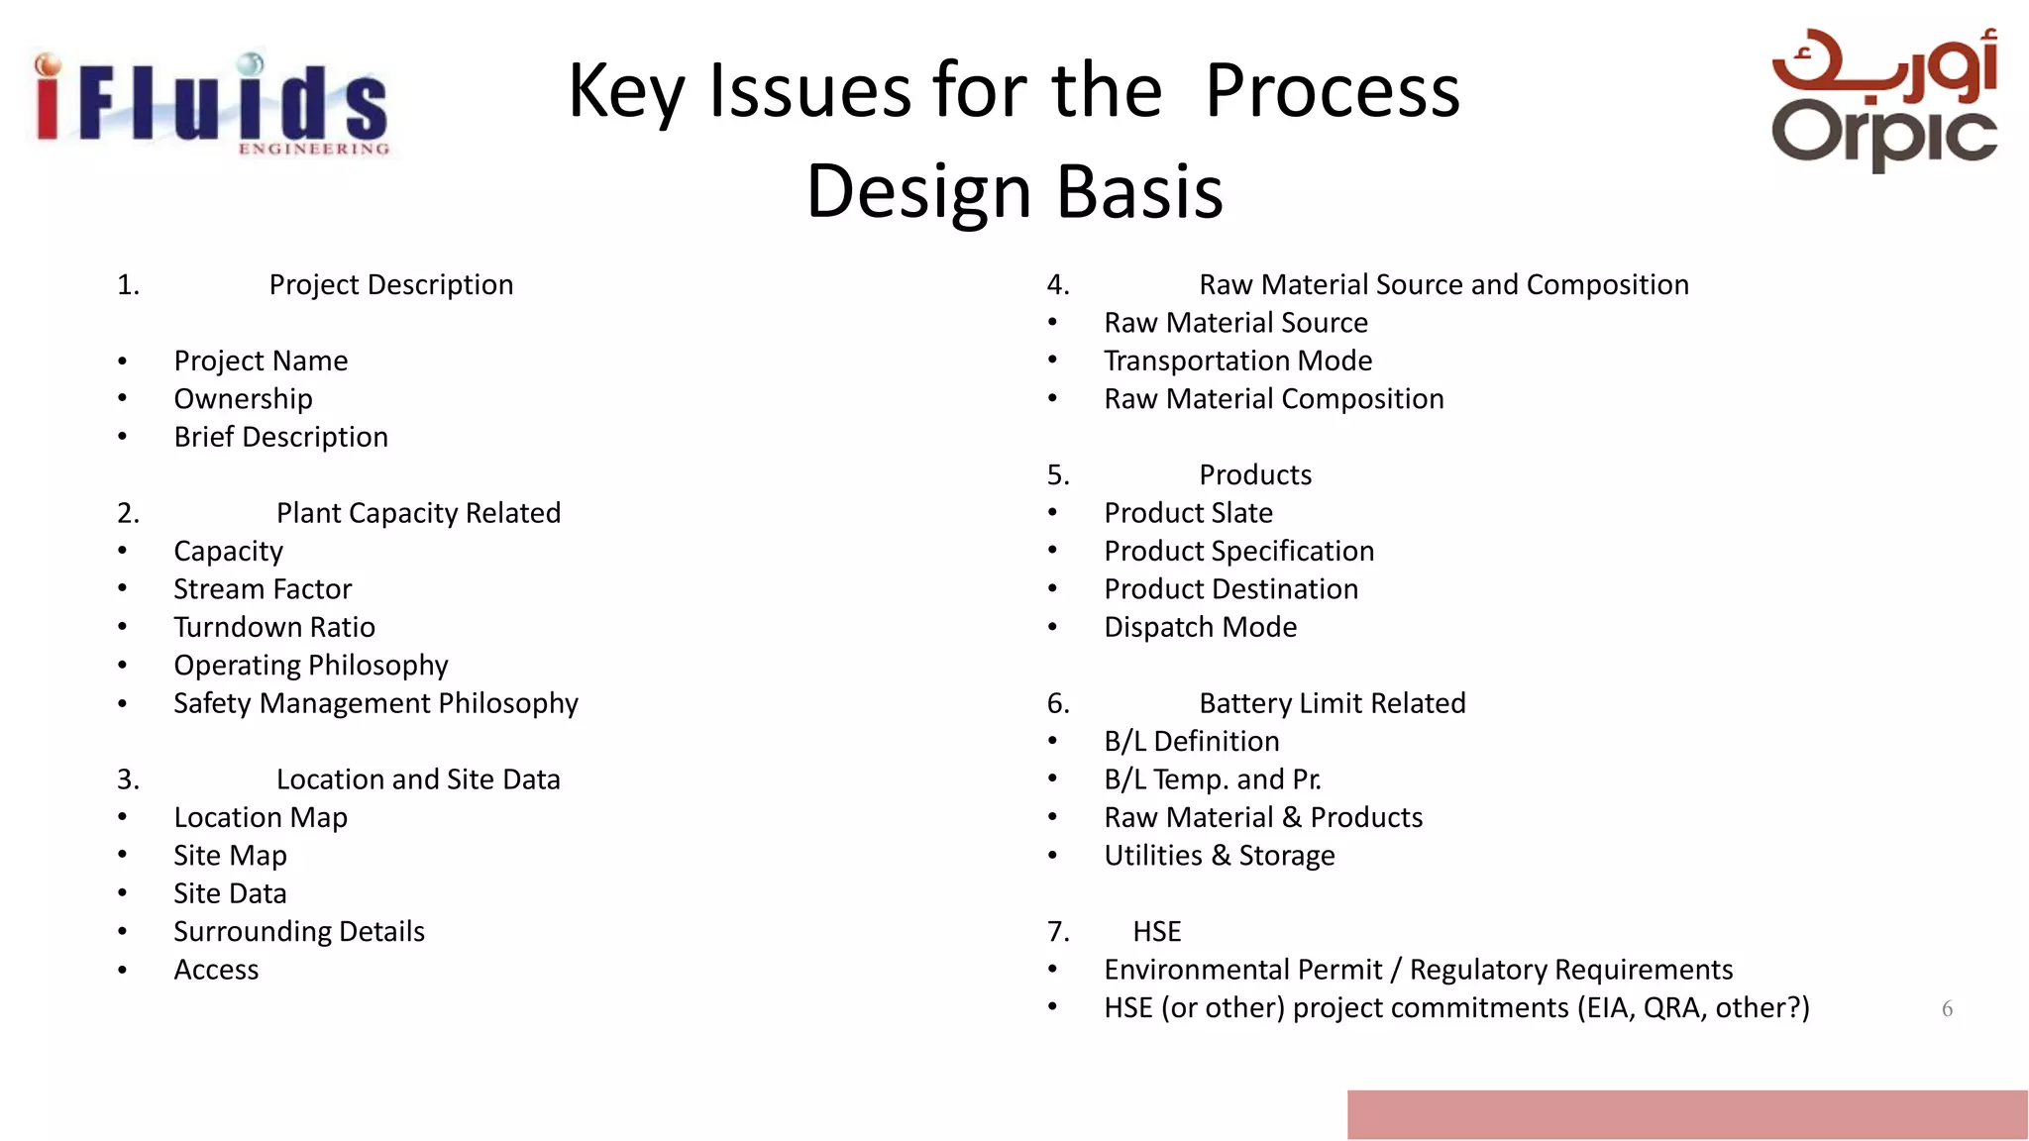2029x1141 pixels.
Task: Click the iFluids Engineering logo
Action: click(211, 104)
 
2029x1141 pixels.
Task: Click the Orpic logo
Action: click(1884, 99)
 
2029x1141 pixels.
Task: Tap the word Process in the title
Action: click(1332, 91)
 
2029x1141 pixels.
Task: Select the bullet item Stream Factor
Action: click(263, 589)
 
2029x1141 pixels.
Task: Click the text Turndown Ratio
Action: click(274, 627)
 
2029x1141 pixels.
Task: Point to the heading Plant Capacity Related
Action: click(418, 513)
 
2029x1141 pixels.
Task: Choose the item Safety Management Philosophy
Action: click(375, 703)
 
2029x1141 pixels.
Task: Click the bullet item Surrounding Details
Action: click(299, 931)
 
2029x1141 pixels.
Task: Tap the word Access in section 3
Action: click(216, 970)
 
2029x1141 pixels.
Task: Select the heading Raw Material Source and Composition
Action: click(1443, 285)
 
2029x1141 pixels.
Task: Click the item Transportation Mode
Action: click(1237, 361)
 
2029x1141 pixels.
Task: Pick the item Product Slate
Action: click(1188, 513)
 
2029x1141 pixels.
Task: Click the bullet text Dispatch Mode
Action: click(1200, 627)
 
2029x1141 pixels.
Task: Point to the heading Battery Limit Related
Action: click(1332, 703)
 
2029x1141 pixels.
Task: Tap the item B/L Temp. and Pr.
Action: click(1213, 779)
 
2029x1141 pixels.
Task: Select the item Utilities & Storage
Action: click(1219, 856)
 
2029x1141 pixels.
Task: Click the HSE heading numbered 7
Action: click(1156, 932)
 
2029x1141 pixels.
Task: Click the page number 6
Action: click(1947, 1009)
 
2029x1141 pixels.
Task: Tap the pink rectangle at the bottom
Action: click(1686, 1114)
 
